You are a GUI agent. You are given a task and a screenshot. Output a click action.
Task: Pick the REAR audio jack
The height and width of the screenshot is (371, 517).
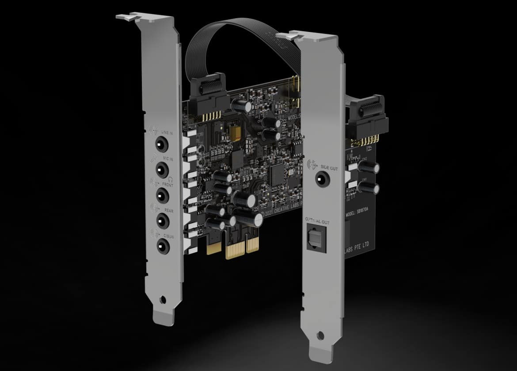(x=162, y=220)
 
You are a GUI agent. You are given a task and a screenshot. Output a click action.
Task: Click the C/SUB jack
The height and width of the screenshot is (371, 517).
(x=162, y=245)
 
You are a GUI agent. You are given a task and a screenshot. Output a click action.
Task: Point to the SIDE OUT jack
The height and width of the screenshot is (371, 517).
(x=321, y=178)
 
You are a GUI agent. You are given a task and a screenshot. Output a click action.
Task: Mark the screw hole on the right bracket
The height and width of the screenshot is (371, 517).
(x=326, y=335)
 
